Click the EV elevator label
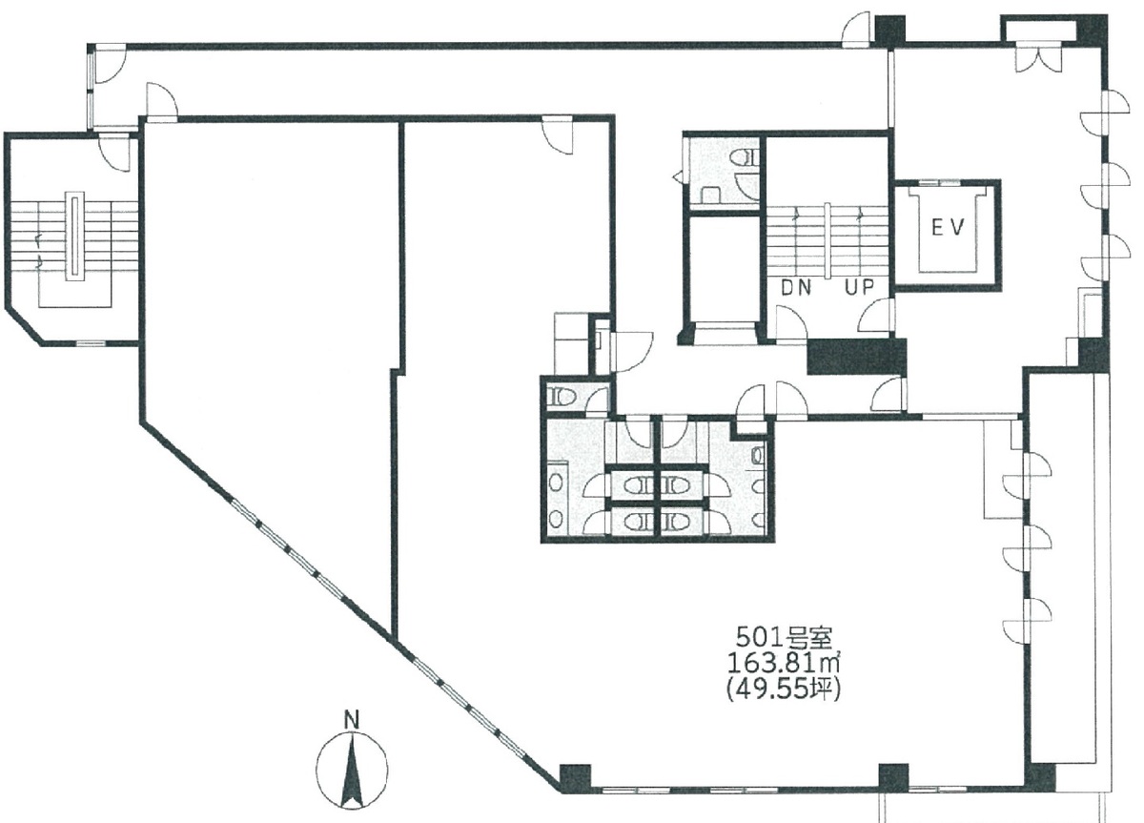click(948, 228)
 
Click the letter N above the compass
click(351, 720)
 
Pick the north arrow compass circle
click(352, 769)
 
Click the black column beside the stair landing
click(855, 356)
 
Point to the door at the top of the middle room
click(556, 133)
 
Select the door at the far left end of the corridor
click(105, 64)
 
